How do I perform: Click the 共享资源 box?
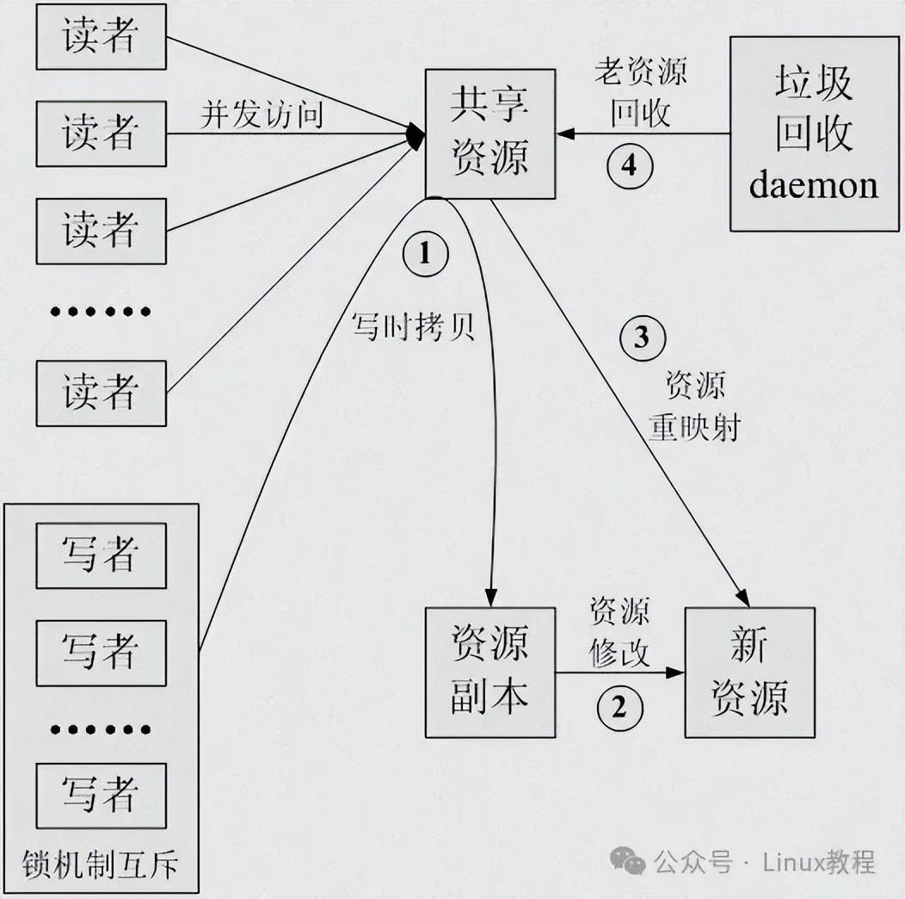pyautogui.click(x=490, y=133)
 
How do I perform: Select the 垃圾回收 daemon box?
pyautogui.click(x=813, y=133)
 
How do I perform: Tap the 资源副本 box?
pyautogui.click(x=490, y=672)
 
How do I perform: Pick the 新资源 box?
pyautogui.click(x=749, y=672)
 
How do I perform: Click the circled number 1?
pyautogui.click(x=422, y=252)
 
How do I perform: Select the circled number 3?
pyautogui.click(x=641, y=338)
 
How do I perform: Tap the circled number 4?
pyautogui.click(x=630, y=165)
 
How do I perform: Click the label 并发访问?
pyautogui.click(x=262, y=114)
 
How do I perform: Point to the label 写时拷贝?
pyautogui.click(x=413, y=325)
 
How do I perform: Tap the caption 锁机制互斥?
pyautogui.click(x=102, y=864)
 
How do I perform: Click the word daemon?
pyautogui.click(x=813, y=185)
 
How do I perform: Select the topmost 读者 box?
pyautogui.click(x=101, y=37)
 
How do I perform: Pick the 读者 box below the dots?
pyautogui.click(x=101, y=394)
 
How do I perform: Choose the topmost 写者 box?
pyautogui.click(x=101, y=555)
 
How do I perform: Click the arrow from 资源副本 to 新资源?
pyautogui.click(x=619, y=673)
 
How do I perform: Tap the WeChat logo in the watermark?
pyautogui.click(x=627, y=859)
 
